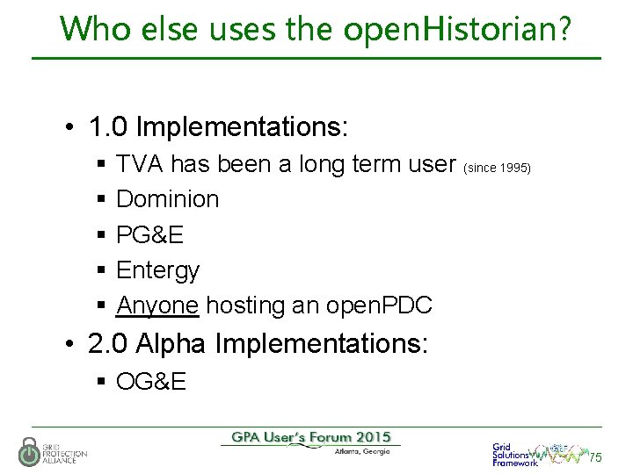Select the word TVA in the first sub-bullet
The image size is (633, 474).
coord(139,163)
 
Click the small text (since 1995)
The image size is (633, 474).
coord(497,166)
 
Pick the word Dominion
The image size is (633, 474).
coord(167,199)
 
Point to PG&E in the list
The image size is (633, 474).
coord(149,234)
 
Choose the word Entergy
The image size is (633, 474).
coord(157,269)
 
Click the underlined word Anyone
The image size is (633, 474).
coord(157,305)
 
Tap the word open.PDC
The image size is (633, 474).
coord(379,305)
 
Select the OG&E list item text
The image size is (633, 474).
coord(151,382)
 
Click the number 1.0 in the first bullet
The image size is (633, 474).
coord(109,127)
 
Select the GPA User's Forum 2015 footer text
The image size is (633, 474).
coord(311,437)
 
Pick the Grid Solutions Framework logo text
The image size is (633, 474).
coord(514,454)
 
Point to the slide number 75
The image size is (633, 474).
coord(595,457)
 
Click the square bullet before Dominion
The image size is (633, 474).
coord(102,200)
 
